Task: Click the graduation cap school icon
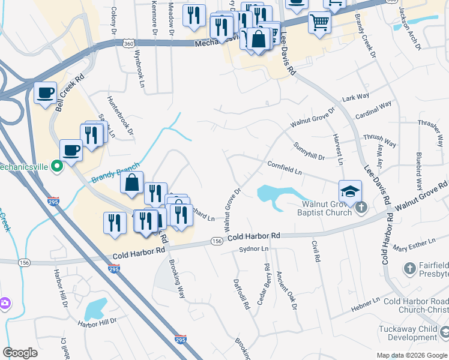tap(350, 191)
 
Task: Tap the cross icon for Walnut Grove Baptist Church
tap(360, 208)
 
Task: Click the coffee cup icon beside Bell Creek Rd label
tap(45, 93)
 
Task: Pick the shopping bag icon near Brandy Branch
tap(131, 182)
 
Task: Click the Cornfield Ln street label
tap(284, 169)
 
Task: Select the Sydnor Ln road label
tap(253, 248)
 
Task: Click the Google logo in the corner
tap(20, 353)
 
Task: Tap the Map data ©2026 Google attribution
tap(411, 355)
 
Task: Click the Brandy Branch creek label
tap(115, 173)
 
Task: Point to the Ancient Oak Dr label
tap(287, 290)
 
